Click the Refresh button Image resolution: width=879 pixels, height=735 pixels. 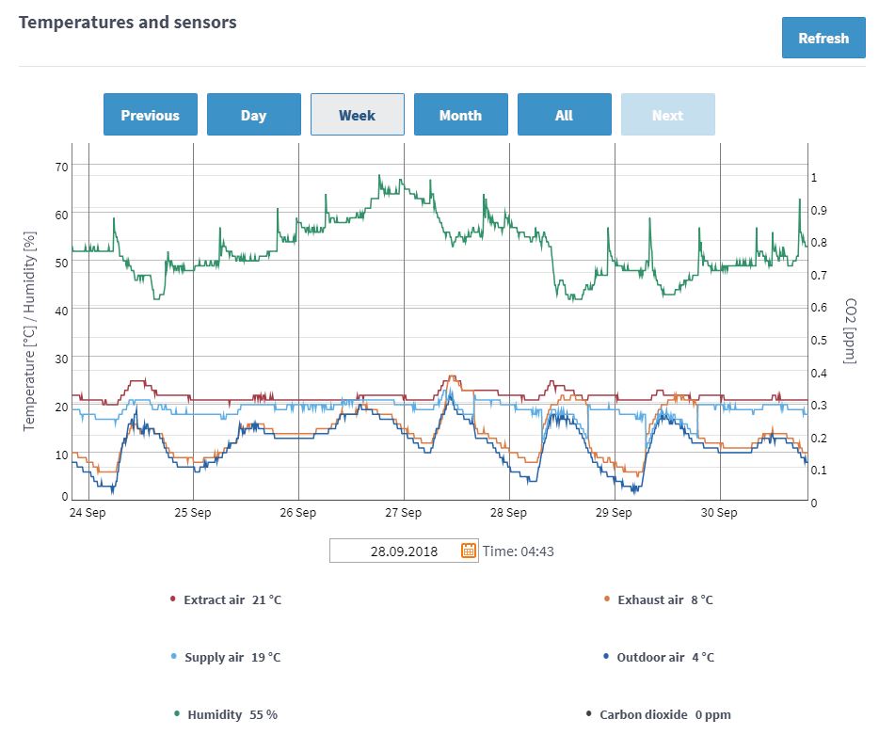tap(823, 39)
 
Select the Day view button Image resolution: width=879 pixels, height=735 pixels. tap(253, 115)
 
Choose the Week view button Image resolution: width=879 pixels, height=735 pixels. tap(357, 115)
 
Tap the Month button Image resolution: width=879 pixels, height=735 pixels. tap(460, 115)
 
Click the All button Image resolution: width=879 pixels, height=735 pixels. tap(564, 115)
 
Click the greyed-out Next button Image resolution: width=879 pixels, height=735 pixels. tap(667, 115)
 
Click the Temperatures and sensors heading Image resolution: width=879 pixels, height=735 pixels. tap(128, 22)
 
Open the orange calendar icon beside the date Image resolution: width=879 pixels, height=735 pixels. tap(469, 551)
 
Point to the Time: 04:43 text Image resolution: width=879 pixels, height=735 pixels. tap(518, 551)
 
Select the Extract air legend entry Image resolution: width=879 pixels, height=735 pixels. tap(226, 599)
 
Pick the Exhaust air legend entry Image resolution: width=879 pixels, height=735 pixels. tap(659, 599)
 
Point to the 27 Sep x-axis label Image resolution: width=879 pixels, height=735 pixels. tap(404, 513)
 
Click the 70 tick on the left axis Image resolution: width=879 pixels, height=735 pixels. tap(62, 168)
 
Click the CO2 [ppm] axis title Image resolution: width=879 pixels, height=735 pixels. tap(851, 331)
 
